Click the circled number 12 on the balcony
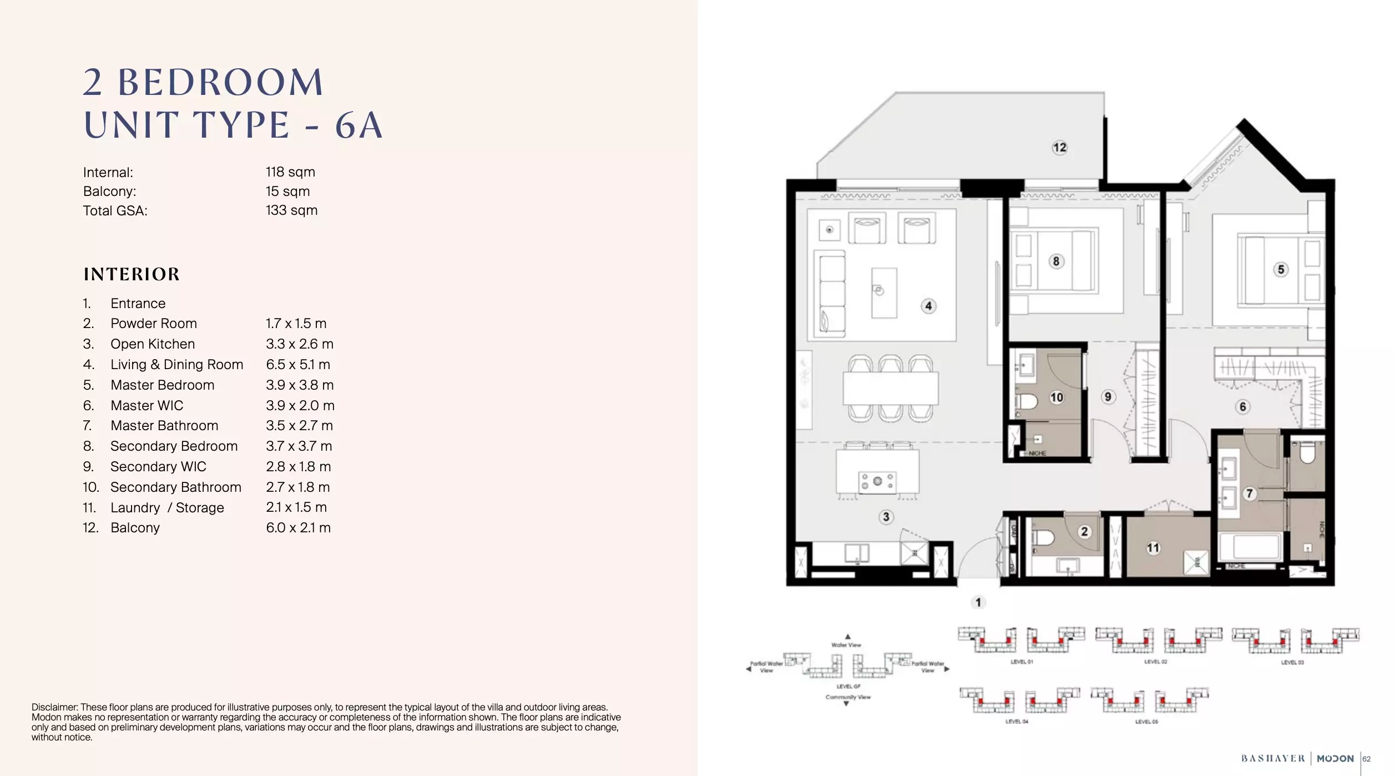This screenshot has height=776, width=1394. pos(1059,147)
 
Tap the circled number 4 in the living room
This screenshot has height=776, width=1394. pos(928,306)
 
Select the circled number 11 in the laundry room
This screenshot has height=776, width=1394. pos(1153,548)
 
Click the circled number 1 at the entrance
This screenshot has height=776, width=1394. pos(978,602)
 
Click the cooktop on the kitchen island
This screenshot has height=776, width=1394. pos(877,481)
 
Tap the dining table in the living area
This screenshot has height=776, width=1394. pos(890,388)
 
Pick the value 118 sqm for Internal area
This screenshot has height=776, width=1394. pos(290,172)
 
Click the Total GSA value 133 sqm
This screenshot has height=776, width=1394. pos(291,210)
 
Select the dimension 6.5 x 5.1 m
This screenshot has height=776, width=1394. pos(298,365)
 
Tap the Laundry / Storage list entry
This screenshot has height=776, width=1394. pos(167,508)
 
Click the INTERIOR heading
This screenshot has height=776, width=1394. pos(132,274)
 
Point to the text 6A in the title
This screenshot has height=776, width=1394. pos(358,125)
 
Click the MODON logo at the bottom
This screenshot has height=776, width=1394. pos(1335,759)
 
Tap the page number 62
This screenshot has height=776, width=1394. pos(1366,759)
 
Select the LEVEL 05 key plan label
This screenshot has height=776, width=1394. pos(1146,722)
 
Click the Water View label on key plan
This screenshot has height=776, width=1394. pos(846,645)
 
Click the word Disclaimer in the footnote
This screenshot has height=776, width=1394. pos(54,707)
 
